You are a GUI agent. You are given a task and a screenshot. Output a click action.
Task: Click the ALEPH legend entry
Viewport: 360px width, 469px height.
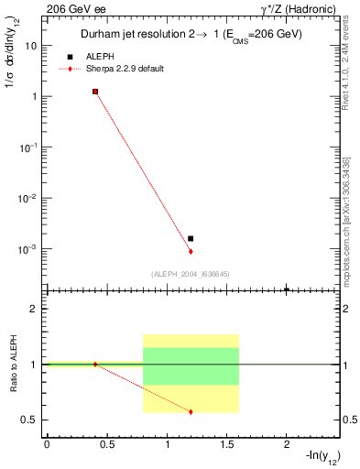click(x=101, y=57)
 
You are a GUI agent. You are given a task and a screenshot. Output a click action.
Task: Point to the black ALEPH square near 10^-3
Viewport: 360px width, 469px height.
click(x=191, y=238)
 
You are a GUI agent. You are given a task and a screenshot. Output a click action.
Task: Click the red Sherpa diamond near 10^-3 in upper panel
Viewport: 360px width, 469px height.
click(x=191, y=251)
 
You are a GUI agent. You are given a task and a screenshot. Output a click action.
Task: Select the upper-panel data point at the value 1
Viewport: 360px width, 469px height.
click(x=95, y=92)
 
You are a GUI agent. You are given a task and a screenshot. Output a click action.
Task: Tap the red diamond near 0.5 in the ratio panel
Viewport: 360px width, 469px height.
click(x=191, y=411)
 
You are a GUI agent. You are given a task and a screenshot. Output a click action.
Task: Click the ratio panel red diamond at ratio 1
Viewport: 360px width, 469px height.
click(x=95, y=365)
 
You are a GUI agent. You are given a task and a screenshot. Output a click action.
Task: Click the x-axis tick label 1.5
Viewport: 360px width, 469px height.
click(x=227, y=446)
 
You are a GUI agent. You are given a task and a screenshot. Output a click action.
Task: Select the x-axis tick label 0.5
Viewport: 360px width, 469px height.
click(x=107, y=446)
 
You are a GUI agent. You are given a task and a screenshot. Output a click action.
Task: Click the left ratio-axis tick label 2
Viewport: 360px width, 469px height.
click(x=34, y=310)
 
